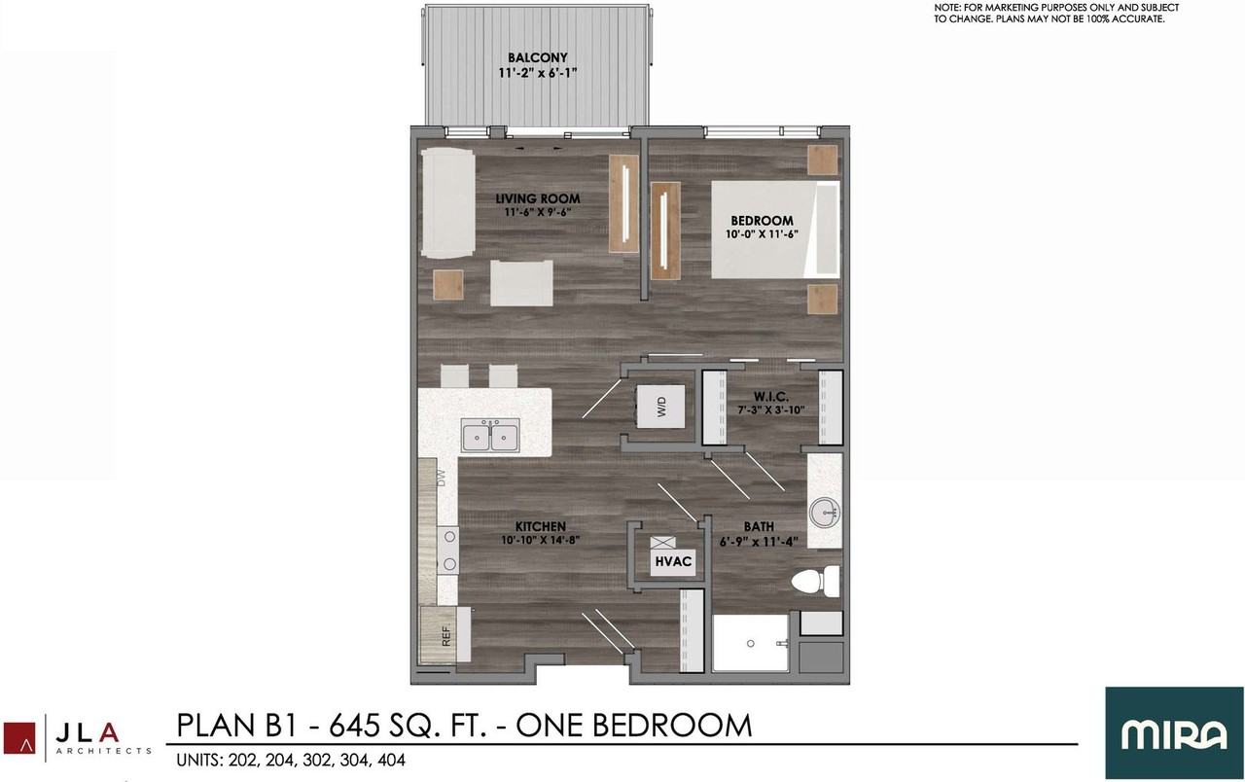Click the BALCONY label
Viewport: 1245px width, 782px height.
[537, 57]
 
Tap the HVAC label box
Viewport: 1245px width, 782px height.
[673, 561]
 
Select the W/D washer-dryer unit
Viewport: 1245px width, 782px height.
[660, 407]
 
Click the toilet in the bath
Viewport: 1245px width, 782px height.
[815, 582]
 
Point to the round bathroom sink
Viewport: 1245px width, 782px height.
[824, 513]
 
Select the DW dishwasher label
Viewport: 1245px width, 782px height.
[442, 478]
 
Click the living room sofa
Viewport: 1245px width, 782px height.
[448, 203]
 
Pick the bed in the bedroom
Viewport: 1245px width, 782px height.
[775, 229]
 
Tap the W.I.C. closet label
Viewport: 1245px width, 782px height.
[771, 396]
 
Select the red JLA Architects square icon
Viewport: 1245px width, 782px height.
[19, 738]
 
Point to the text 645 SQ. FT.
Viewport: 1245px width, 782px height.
[407, 726]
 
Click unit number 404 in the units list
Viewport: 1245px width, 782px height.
[391, 761]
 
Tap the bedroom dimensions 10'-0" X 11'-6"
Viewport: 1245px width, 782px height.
[762, 234]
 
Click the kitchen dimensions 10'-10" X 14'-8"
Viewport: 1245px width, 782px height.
[540, 539]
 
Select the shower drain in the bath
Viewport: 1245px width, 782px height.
[750, 644]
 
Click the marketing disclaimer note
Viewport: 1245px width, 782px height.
[1056, 14]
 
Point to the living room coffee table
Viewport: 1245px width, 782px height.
[521, 283]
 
